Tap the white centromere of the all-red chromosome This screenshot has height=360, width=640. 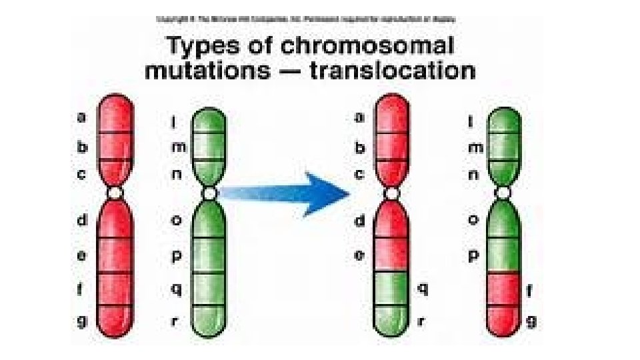pos(115,193)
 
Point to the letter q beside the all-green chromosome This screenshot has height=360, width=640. pos(176,289)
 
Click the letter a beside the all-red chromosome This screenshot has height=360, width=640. pos(81,117)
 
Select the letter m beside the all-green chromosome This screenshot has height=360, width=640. pos(178,147)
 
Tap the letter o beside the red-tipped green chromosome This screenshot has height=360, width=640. pos(475,219)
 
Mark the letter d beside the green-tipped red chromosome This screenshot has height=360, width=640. pos(359,219)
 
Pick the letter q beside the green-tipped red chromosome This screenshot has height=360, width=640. pos(423,289)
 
